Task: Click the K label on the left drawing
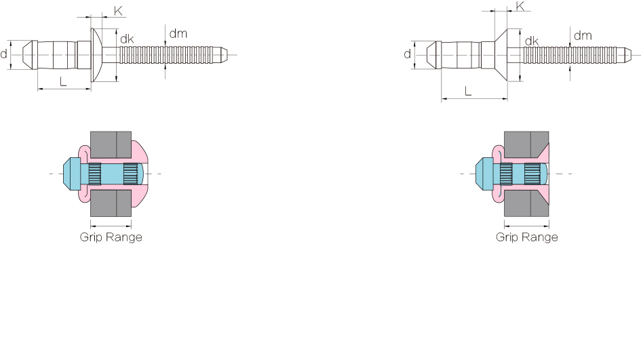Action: tap(118, 11)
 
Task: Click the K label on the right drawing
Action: tap(520, 6)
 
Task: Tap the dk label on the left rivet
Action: tap(127, 39)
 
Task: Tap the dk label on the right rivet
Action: tap(532, 41)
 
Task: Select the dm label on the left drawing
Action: tap(178, 33)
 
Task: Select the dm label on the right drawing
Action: tap(583, 35)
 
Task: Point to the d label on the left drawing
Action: tap(3, 54)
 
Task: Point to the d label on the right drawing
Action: tap(407, 54)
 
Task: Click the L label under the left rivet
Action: tap(63, 81)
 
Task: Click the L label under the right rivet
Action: tap(468, 91)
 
